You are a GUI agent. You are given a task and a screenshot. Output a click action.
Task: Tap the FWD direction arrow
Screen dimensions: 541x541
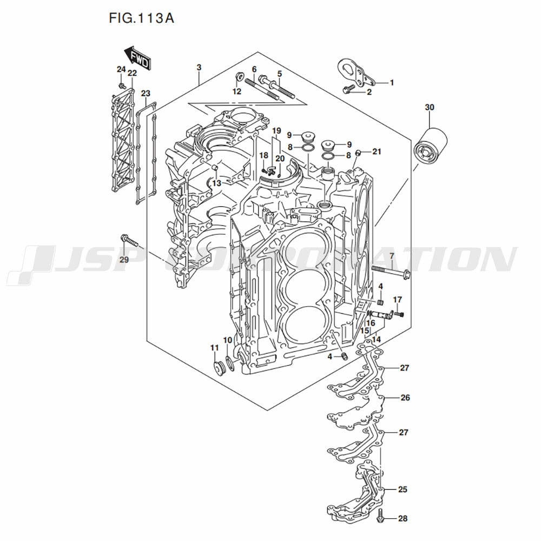pos(137,58)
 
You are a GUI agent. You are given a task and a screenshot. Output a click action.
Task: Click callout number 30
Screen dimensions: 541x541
pos(430,108)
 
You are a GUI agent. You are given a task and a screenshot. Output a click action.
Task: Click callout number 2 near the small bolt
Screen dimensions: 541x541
pos(385,93)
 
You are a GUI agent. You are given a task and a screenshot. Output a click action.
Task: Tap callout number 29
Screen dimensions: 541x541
pos(124,260)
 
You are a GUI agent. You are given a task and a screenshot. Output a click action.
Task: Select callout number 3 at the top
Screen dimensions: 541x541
pos(199,68)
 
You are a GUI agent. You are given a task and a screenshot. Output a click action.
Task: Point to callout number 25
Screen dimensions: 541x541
pos(403,490)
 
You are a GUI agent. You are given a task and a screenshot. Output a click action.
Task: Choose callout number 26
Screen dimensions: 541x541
pos(405,398)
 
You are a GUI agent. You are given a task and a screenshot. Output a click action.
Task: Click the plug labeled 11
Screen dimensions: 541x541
pos(220,368)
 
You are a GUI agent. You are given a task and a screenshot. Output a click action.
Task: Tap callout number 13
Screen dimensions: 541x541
pos(216,184)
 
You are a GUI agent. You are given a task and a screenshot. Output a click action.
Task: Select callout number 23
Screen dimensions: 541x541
pos(146,94)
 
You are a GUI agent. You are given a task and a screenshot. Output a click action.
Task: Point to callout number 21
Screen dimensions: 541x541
pos(377,151)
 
